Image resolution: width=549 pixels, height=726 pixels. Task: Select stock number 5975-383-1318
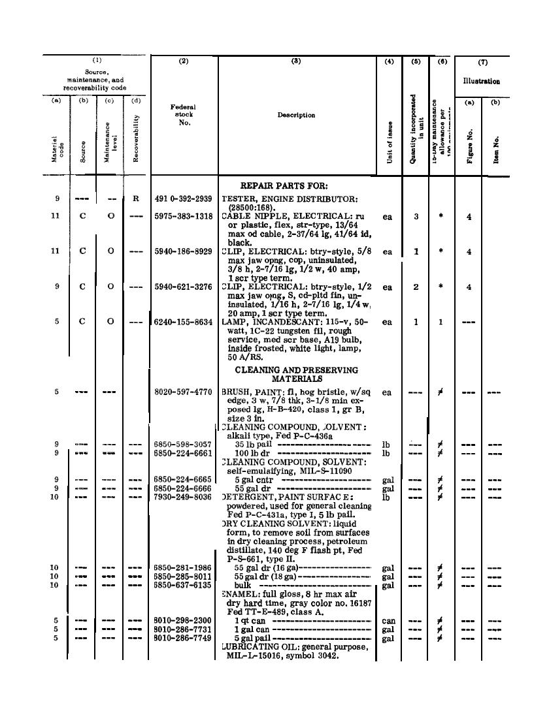pos(183,217)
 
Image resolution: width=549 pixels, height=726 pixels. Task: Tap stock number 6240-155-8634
pos(183,322)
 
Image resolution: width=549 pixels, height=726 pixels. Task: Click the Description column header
pos(296,115)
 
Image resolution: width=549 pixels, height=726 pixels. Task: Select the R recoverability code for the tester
pos(135,198)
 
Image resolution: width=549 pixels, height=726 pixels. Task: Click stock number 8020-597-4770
pos(183,392)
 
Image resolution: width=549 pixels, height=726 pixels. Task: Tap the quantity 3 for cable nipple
pos(416,217)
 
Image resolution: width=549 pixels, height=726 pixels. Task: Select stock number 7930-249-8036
pos(183,497)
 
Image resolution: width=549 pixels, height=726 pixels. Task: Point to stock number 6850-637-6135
pos(183,586)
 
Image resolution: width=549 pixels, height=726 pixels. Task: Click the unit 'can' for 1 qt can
pos(388,620)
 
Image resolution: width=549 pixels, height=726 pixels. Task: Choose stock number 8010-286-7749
pos(183,638)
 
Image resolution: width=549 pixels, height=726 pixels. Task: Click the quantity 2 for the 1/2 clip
pos(416,287)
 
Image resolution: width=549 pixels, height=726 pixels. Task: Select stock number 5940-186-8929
pos(183,251)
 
